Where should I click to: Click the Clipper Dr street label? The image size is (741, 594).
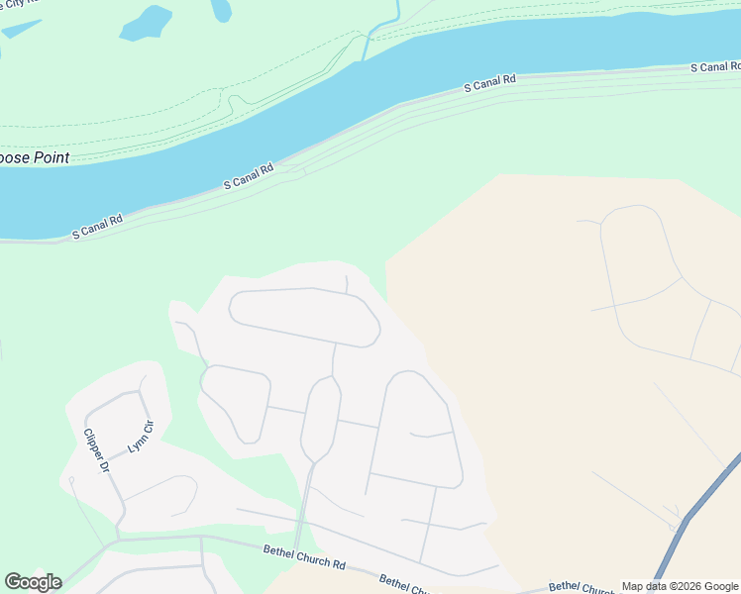coord(95,450)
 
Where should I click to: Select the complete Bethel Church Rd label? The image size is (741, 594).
coord(304,557)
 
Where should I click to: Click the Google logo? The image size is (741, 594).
coord(33,581)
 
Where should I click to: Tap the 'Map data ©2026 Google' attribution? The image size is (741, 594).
coord(680,586)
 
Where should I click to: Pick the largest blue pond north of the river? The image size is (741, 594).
coord(146,23)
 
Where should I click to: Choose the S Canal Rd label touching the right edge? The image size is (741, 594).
coord(714,66)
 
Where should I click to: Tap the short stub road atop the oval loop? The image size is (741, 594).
coord(346,284)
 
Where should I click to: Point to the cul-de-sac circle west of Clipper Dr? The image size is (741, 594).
coord(71,480)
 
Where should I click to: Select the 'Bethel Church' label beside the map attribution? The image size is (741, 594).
coord(582,587)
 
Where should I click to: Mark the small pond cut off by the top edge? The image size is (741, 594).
coord(221,10)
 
